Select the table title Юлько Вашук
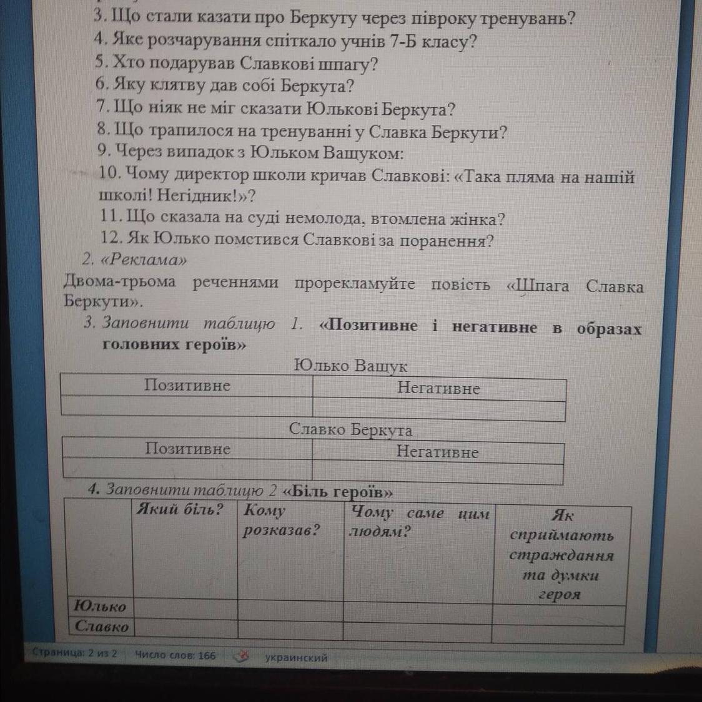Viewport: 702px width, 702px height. coord(350,366)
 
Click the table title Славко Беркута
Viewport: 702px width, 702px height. coord(350,430)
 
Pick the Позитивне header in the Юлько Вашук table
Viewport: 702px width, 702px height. coord(187,386)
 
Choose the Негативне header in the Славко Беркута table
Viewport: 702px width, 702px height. coord(437,452)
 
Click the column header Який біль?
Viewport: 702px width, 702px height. coord(180,510)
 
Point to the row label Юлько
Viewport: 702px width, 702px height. coord(100,606)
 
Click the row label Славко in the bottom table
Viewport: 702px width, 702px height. coord(102,626)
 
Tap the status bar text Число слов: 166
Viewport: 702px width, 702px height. coord(175,655)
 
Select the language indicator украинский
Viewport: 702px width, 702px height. coord(296,658)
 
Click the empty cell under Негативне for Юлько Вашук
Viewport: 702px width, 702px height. coord(438,410)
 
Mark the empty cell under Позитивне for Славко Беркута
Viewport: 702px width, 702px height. coord(187,469)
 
